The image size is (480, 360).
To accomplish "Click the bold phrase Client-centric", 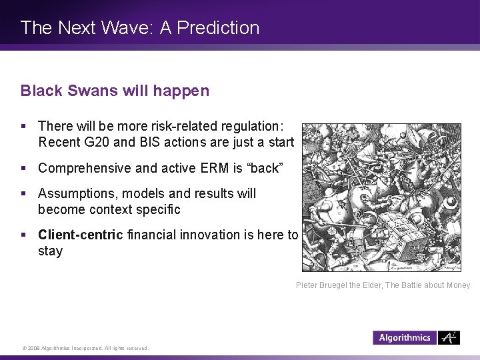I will point(80,235).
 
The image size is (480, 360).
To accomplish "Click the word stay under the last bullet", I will point(51,251).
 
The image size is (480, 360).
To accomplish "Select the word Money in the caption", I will point(457,285).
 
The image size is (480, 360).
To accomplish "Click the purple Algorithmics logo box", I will point(404,338).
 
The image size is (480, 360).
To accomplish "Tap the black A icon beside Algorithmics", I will point(450,338).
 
